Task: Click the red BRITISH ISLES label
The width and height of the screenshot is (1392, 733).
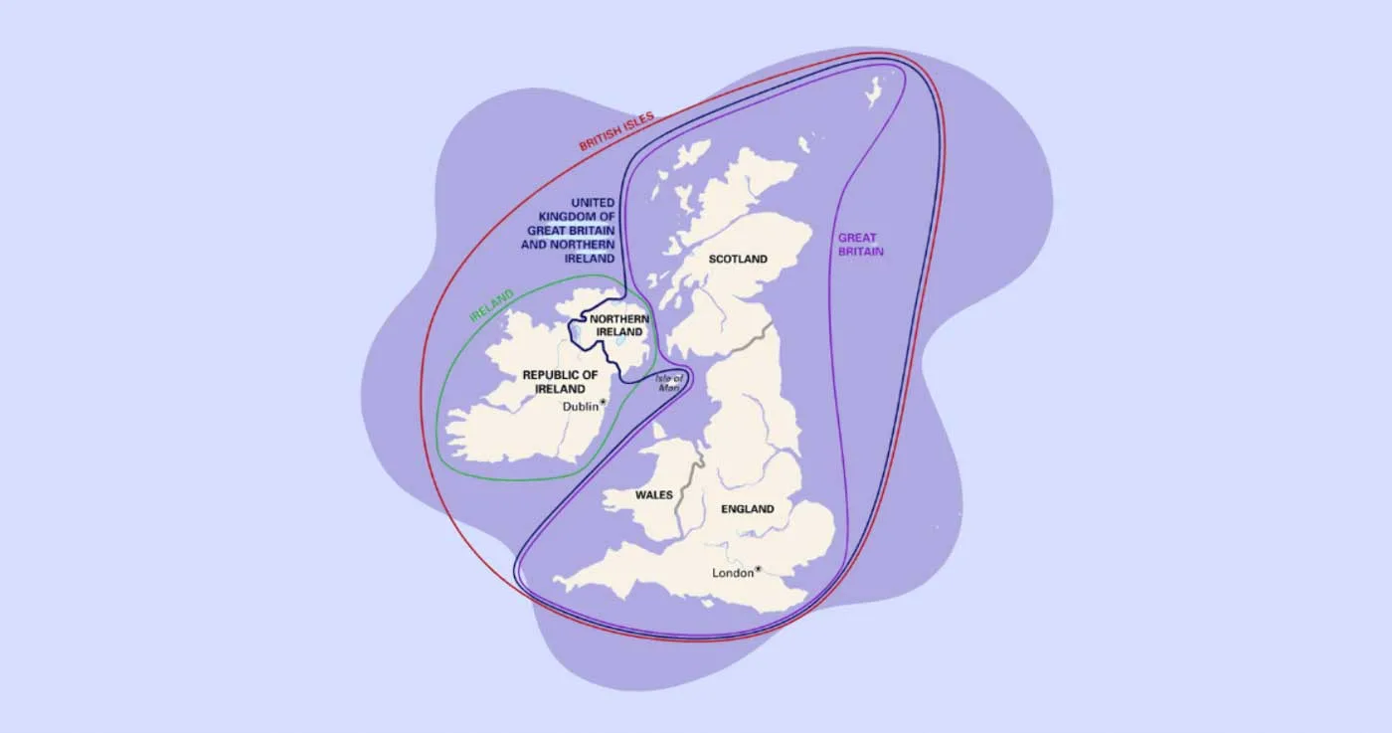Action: [616, 131]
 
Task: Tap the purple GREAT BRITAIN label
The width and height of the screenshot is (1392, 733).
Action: [860, 245]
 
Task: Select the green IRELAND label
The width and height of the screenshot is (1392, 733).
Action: [491, 306]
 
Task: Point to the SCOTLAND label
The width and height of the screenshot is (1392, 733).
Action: [738, 260]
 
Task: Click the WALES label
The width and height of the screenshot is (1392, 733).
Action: [653, 494]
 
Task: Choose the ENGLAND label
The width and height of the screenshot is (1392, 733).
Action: [748, 509]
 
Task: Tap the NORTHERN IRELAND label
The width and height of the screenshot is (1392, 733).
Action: [619, 325]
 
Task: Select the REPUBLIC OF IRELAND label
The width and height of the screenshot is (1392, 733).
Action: [561, 382]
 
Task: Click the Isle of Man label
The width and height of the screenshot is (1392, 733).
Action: [669, 383]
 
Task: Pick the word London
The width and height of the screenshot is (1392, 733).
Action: [733, 573]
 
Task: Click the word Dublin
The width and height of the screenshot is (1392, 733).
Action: [581, 406]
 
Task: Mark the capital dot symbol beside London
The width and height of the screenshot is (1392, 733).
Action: [758, 570]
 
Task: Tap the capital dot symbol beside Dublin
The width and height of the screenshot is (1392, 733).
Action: [603, 403]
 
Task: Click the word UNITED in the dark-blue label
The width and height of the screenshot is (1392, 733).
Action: [593, 202]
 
